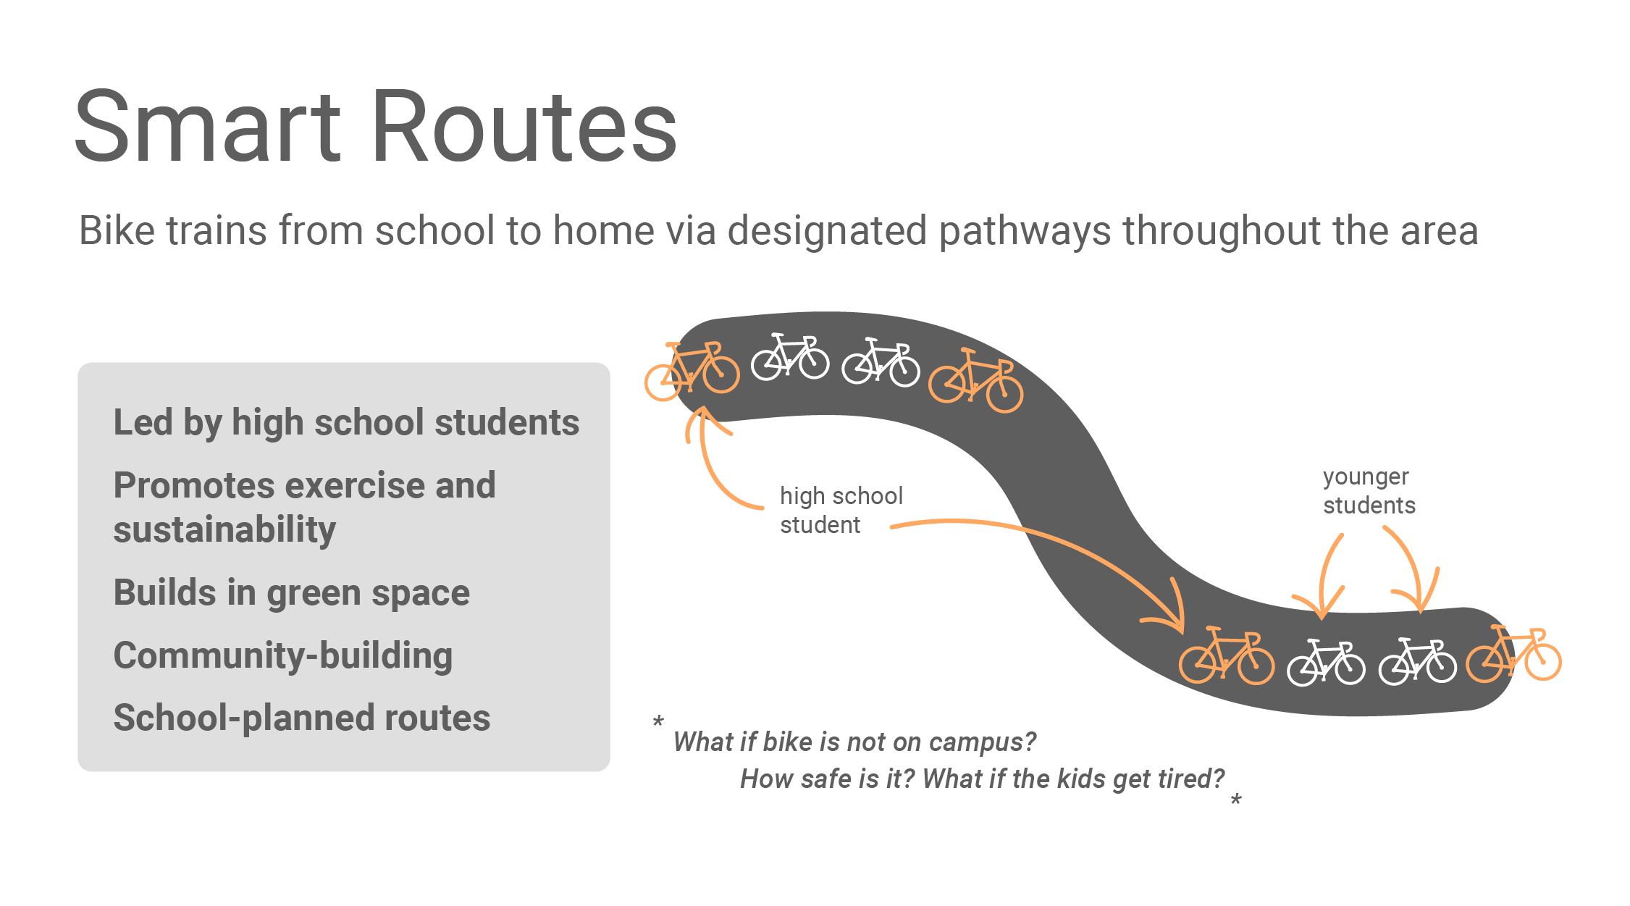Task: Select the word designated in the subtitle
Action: (x=827, y=231)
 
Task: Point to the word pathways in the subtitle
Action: (x=1025, y=231)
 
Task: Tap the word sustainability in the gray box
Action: (x=224, y=529)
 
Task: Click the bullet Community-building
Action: (x=283, y=656)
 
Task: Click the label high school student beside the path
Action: (x=841, y=511)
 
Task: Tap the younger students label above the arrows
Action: (x=1369, y=491)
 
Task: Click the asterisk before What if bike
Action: (x=658, y=721)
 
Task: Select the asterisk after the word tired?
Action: (x=1236, y=799)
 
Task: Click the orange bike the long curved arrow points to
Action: (x=1227, y=655)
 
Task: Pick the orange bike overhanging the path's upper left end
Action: (x=692, y=371)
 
